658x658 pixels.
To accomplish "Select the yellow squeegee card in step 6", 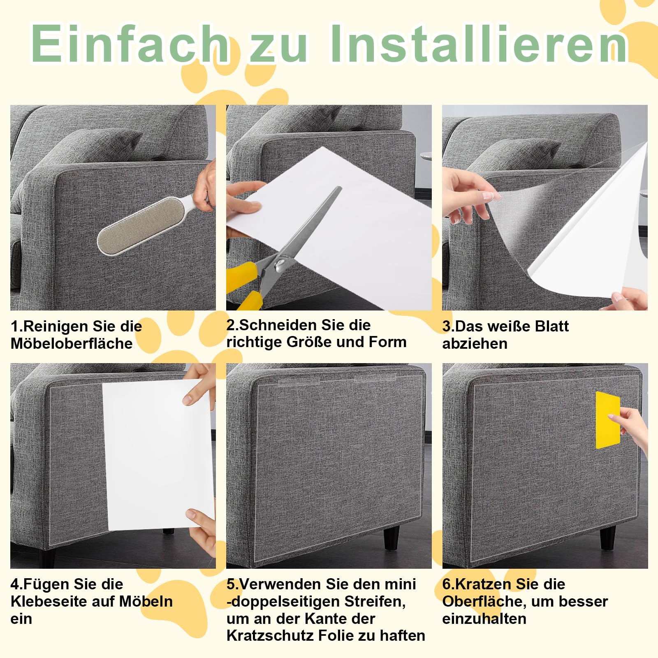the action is pos(607,420).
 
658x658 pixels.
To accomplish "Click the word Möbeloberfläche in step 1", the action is pos(72,343).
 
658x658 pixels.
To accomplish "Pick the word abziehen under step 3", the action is pos(475,343).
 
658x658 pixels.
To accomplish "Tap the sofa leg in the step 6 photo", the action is pos(607,538).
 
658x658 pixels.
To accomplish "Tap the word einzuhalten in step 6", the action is pos(484,619).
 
